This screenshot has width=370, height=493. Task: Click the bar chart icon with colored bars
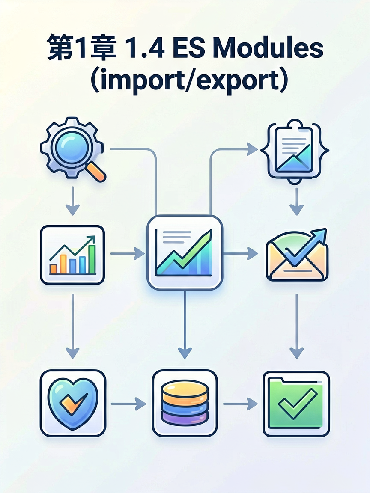(x=72, y=255)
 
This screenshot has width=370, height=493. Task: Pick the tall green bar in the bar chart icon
(x=92, y=260)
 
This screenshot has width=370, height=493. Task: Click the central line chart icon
(x=185, y=252)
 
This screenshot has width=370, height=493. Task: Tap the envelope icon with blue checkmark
(x=297, y=255)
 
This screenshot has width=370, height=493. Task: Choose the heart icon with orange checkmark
(x=73, y=404)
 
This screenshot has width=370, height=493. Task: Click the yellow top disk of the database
(x=185, y=389)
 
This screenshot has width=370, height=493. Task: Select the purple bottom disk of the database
(x=185, y=417)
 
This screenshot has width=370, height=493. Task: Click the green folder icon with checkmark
(x=296, y=404)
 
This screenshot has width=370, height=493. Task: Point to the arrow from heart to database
(x=128, y=404)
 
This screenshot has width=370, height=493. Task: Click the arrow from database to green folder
(x=240, y=404)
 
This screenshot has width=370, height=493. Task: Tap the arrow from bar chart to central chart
(x=128, y=253)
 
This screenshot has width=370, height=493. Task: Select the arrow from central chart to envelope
(x=240, y=253)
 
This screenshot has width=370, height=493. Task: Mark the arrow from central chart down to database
(x=185, y=324)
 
